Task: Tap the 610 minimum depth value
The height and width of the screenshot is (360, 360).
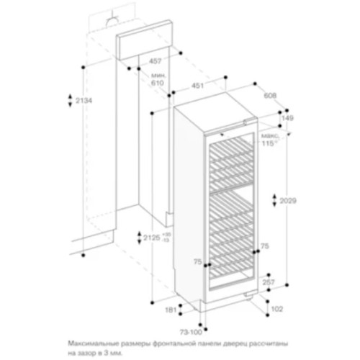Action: [158, 84]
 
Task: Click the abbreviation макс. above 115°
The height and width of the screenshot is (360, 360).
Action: [271, 135]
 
